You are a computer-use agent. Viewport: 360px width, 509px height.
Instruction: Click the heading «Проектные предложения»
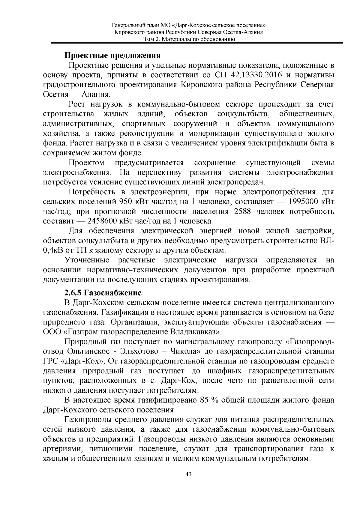113,55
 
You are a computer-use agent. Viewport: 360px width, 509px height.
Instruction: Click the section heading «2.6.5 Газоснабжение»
103,292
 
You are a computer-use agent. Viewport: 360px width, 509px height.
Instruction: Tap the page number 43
188,474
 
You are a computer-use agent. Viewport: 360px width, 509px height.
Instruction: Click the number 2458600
103,221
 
